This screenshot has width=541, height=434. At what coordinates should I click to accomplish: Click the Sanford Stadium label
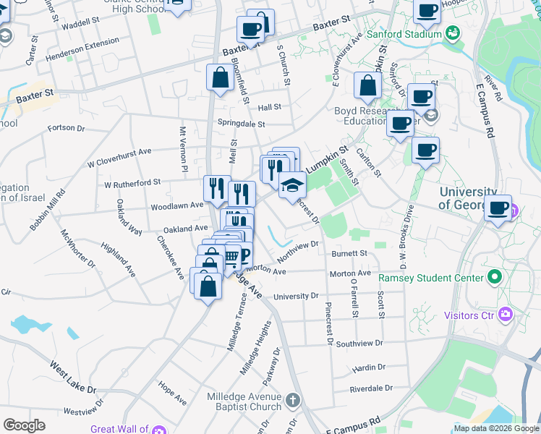coord(403,34)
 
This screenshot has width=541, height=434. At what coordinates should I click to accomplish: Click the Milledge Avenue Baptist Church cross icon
coord(292,400)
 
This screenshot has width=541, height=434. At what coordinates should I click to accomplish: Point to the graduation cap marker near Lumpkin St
coord(292,187)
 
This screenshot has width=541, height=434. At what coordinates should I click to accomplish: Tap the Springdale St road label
coord(242,124)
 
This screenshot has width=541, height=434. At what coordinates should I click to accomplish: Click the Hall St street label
coord(269,107)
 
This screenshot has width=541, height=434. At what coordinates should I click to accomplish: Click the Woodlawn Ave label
coord(177,206)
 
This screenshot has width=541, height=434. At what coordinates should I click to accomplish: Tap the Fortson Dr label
coord(67,128)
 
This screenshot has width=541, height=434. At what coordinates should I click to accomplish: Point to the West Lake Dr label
coord(72,375)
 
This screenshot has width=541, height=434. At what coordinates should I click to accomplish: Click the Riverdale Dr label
coord(370,388)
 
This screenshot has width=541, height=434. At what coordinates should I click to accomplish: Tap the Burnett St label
coord(349,254)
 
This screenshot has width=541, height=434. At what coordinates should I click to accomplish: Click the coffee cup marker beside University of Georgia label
coord(498,208)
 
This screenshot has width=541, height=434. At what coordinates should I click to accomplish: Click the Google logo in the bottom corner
coord(23,425)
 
